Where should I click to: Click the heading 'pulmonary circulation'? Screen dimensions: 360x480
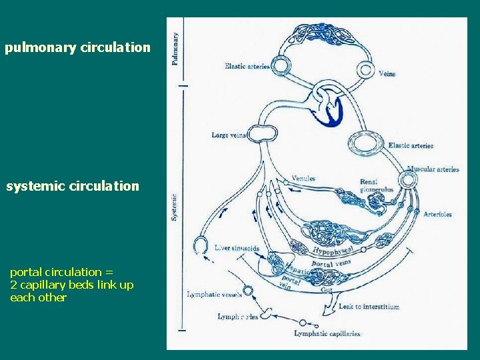[x=77, y=47]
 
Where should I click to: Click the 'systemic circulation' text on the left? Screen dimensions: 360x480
[x=73, y=186]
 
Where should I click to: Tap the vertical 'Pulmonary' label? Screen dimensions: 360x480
[x=175, y=49]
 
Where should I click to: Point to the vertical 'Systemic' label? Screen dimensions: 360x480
[x=175, y=207]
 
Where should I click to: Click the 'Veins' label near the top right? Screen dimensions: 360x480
[x=387, y=74]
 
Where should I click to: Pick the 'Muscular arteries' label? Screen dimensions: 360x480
[x=433, y=169]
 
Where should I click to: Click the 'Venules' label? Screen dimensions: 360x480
[x=303, y=179]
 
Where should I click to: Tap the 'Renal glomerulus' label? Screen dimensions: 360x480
[x=377, y=185]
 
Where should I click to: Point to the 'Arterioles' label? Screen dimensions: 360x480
[x=437, y=214]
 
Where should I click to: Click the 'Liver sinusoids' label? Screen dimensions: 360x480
[x=237, y=249]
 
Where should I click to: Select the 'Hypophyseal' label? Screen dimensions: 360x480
[x=333, y=250]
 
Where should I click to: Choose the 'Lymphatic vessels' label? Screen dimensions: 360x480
[x=214, y=294]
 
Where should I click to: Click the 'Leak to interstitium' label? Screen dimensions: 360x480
[x=369, y=307]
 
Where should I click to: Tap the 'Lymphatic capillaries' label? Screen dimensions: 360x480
[x=327, y=333]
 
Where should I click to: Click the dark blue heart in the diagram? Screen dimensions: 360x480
[x=330, y=110]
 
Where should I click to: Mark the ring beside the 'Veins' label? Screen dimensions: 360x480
[x=365, y=69]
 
